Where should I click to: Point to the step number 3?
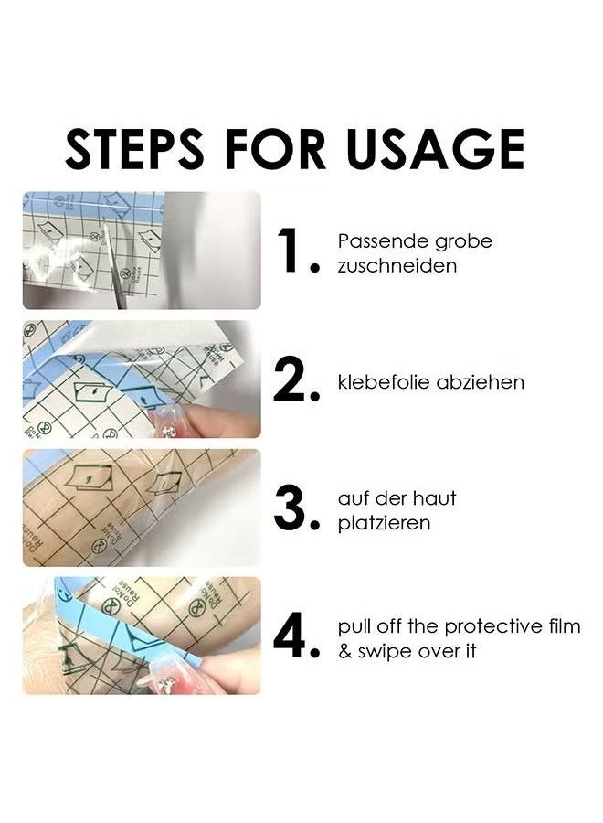click(x=294, y=509)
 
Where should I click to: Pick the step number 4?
click(x=294, y=637)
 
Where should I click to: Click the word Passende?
click(x=376, y=242)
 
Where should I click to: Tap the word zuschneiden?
click(x=397, y=266)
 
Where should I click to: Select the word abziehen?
click(x=481, y=382)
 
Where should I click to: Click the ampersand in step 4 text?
click(x=344, y=652)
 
